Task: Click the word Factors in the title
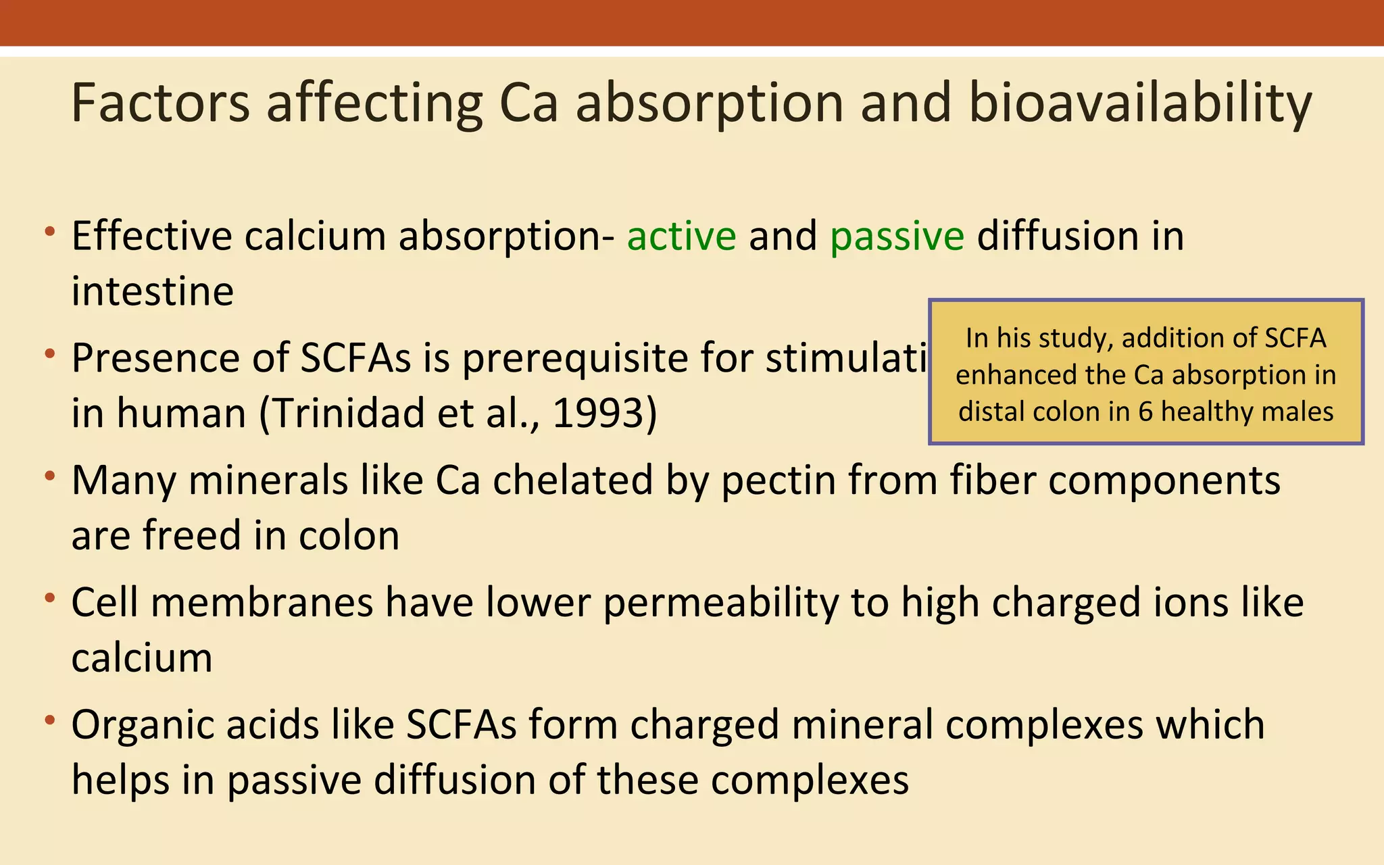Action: tap(160, 103)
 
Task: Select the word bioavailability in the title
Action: tap(1140, 103)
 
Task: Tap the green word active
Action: tap(681, 236)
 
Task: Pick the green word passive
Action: tap(897, 236)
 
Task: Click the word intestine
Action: tap(153, 291)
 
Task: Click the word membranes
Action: tap(262, 602)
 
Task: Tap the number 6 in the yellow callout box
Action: tap(1145, 412)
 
